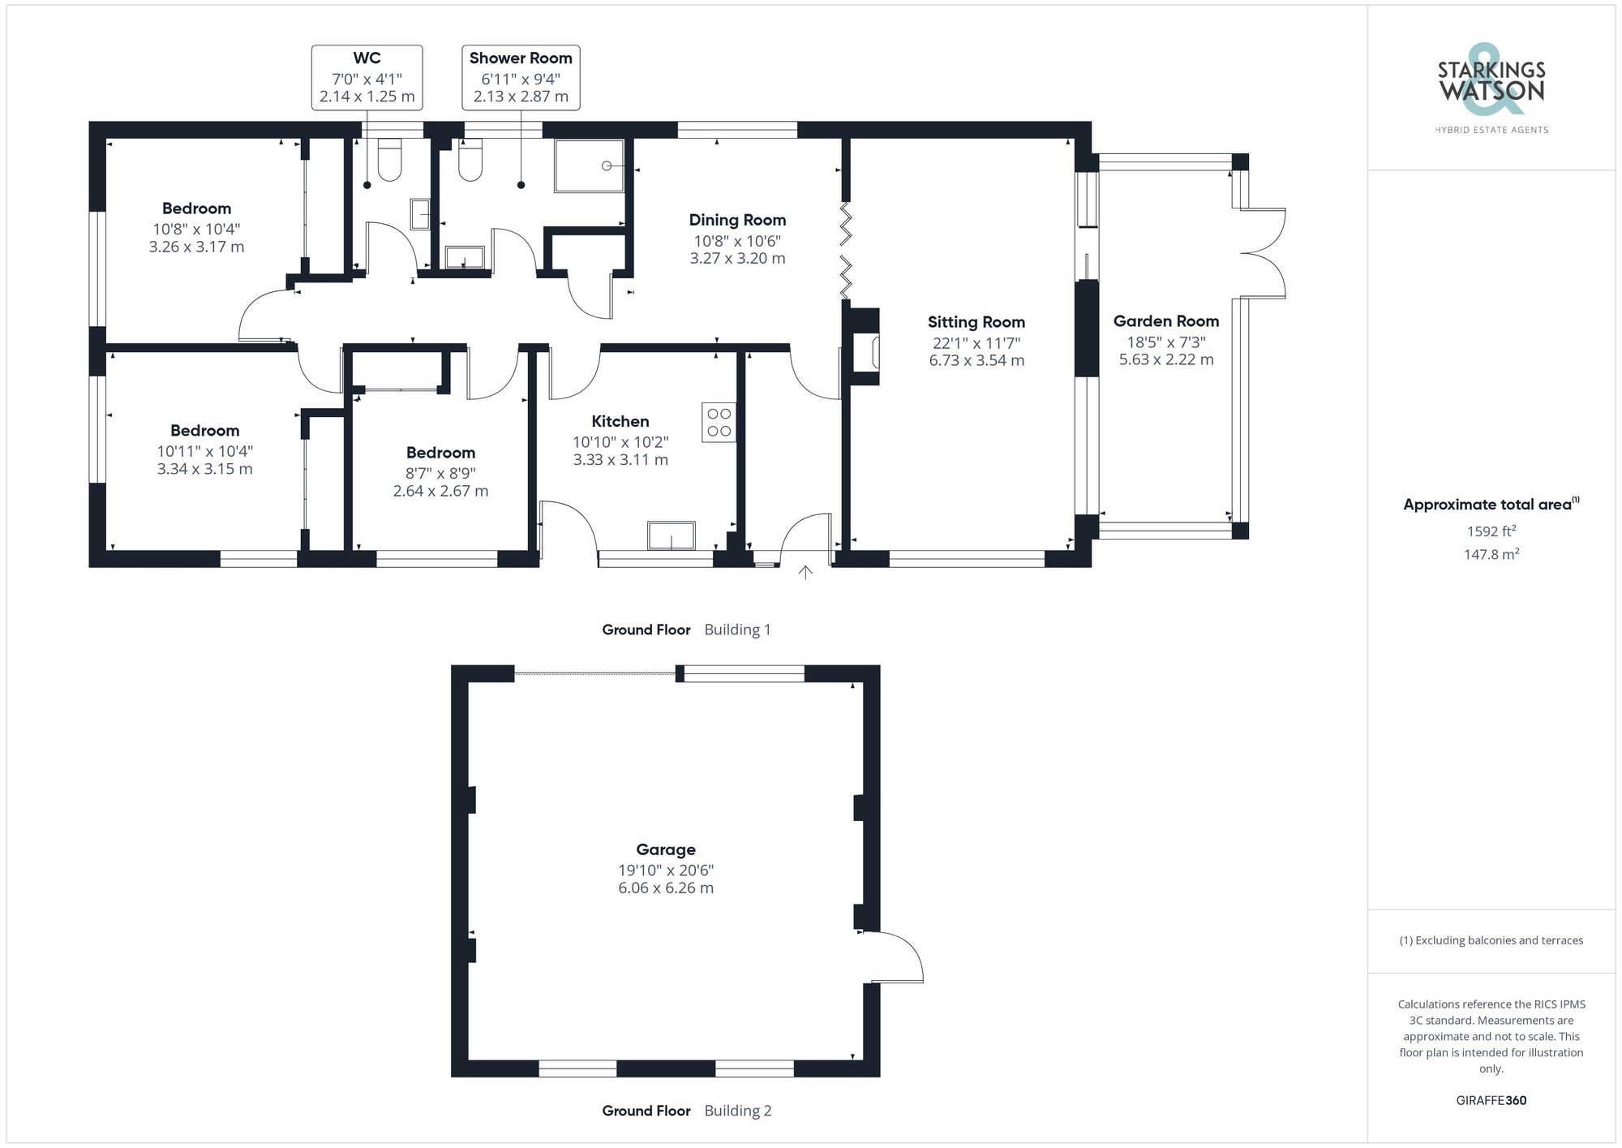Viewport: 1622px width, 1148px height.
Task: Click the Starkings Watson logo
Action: click(x=1491, y=84)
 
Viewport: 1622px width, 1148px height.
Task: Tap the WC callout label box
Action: click(x=367, y=77)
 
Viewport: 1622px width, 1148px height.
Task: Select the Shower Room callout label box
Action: click(x=521, y=77)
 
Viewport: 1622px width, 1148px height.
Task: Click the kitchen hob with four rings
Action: click(x=719, y=422)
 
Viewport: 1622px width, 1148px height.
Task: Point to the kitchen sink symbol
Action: click(x=671, y=535)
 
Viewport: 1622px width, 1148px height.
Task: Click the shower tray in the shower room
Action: click(x=590, y=166)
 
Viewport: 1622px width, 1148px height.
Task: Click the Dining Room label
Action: click(x=737, y=220)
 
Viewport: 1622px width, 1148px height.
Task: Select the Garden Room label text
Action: click(x=1165, y=321)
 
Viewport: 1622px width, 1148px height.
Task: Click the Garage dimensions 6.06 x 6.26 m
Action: click(x=666, y=888)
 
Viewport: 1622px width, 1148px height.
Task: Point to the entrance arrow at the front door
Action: click(x=805, y=573)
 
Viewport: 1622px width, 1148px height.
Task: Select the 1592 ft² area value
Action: click(x=1491, y=531)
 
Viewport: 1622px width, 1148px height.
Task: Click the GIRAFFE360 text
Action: click(x=1491, y=1100)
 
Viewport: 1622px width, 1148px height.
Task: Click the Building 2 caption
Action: click(x=737, y=1111)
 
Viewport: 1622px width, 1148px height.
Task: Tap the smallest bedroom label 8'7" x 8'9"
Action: click(x=440, y=473)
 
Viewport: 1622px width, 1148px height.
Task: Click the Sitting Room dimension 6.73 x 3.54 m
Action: click(x=976, y=360)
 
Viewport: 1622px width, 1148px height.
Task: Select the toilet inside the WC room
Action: click(x=390, y=160)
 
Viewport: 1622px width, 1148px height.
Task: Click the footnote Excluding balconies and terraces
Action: click(x=1491, y=940)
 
